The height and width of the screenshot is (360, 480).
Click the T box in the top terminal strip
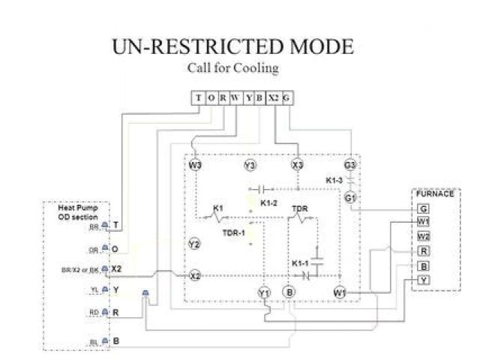pyautogui.click(x=198, y=98)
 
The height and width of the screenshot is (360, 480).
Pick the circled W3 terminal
pyautogui.click(x=195, y=164)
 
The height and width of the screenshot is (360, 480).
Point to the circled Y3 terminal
pyautogui.click(x=250, y=164)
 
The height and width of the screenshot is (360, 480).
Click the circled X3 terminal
pyautogui.click(x=297, y=164)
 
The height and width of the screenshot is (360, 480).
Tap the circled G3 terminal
pyautogui.click(x=349, y=164)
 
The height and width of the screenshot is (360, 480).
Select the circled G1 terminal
pyautogui.click(x=349, y=197)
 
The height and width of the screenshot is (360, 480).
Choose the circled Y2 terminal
pyautogui.click(x=194, y=244)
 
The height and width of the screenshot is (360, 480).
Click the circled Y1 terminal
pyautogui.click(x=264, y=292)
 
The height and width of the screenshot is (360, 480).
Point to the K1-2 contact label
pyautogui.click(x=268, y=203)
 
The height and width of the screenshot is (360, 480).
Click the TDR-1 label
pyautogui.click(x=232, y=232)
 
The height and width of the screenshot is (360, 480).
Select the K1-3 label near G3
pyautogui.click(x=334, y=181)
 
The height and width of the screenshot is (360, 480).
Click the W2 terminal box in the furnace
pyautogui.click(x=424, y=236)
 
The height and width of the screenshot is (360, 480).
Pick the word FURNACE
pyautogui.click(x=435, y=193)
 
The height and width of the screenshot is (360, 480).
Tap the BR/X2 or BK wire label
pyautogui.click(x=84, y=268)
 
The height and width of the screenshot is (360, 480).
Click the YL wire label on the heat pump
pyautogui.click(x=94, y=289)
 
